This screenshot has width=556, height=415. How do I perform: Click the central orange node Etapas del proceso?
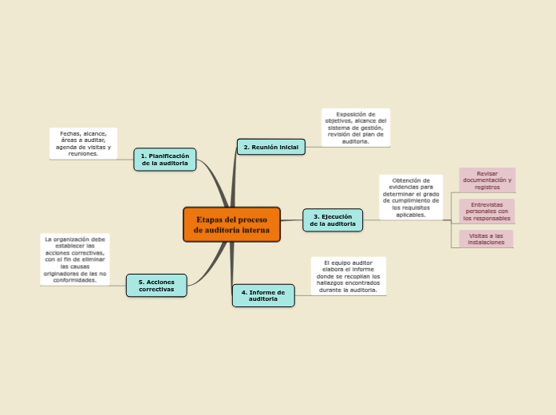[231, 224]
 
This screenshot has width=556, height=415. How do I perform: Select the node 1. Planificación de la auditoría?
[164, 160]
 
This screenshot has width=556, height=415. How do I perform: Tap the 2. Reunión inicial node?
[270, 147]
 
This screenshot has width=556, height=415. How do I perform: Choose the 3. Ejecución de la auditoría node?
[332, 220]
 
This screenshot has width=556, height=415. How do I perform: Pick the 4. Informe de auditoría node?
[262, 295]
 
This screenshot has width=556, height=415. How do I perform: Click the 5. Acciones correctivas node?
[156, 286]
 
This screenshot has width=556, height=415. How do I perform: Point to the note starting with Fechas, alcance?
[83, 144]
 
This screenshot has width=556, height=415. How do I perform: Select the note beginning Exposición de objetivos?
[356, 128]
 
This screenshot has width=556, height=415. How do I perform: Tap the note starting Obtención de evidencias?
[411, 197]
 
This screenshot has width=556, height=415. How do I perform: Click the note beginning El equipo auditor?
[348, 276]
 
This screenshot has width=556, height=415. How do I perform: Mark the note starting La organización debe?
[75, 259]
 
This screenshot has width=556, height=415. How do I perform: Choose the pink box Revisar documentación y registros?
[487, 180]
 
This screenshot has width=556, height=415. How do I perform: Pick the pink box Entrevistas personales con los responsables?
[487, 211]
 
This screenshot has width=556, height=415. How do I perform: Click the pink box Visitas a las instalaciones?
[486, 239]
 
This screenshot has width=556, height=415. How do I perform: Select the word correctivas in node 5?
[156, 290]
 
